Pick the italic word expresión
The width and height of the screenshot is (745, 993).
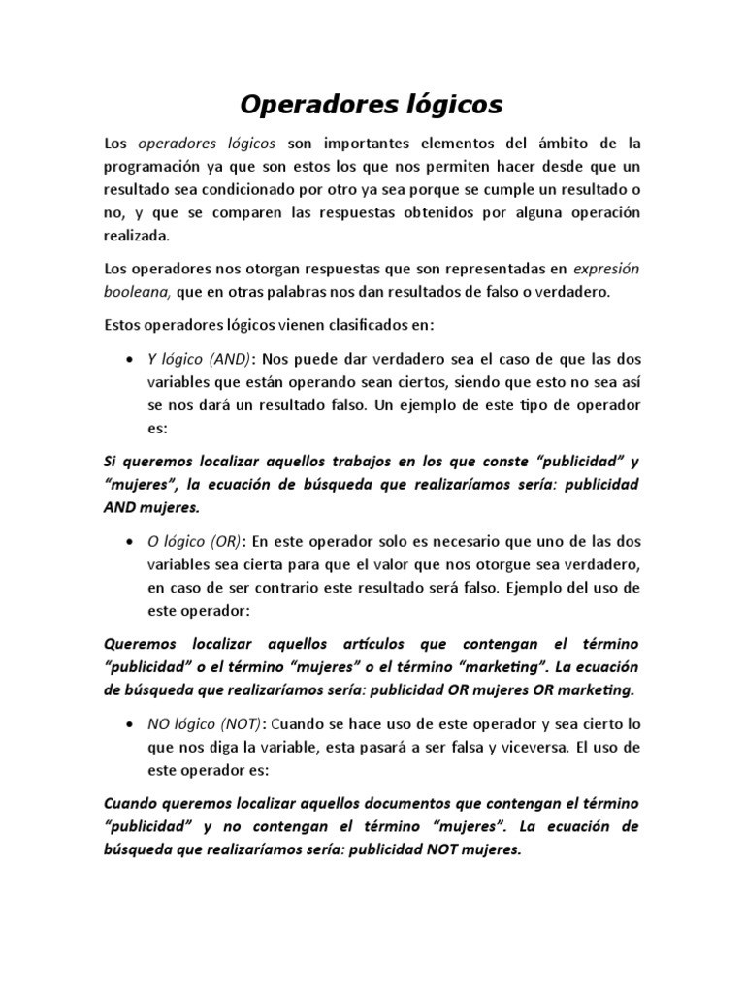click(606, 269)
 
